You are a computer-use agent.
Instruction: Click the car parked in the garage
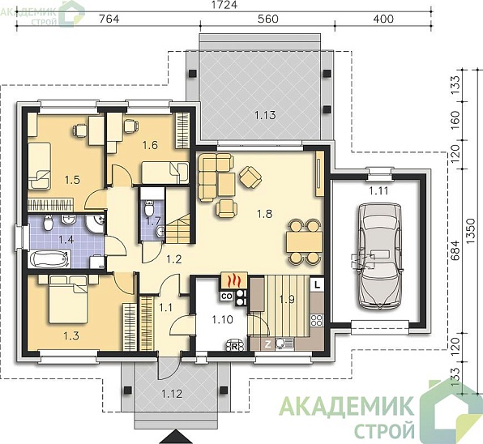pyautogui.click(x=380, y=256)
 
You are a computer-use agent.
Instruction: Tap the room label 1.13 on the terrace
pyautogui.click(x=265, y=115)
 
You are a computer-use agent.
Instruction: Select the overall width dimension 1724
pyautogui.click(x=224, y=5)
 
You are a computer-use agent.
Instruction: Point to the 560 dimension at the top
pyautogui.click(x=267, y=19)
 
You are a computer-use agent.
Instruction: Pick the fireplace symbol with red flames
pyautogui.click(x=233, y=280)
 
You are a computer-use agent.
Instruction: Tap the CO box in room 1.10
pyautogui.click(x=227, y=297)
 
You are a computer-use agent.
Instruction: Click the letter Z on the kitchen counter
pyautogui.click(x=267, y=344)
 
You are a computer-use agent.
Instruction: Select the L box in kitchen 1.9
pyautogui.click(x=317, y=284)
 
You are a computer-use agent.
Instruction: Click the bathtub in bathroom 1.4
pyautogui.click(x=49, y=259)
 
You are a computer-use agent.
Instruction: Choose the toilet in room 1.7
pyautogui.click(x=149, y=208)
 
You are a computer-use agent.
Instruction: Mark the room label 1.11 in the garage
pyautogui.click(x=378, y=191)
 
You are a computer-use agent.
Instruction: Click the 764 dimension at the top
pyautogui.click(x=109, y=19)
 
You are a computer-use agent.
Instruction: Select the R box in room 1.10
pyautogui.click(x=234, y=347)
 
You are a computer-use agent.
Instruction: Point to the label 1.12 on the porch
pyautogui.click(x=172, y=394)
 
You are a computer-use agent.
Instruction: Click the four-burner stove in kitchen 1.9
pyautogui.click(x=317, y=320)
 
